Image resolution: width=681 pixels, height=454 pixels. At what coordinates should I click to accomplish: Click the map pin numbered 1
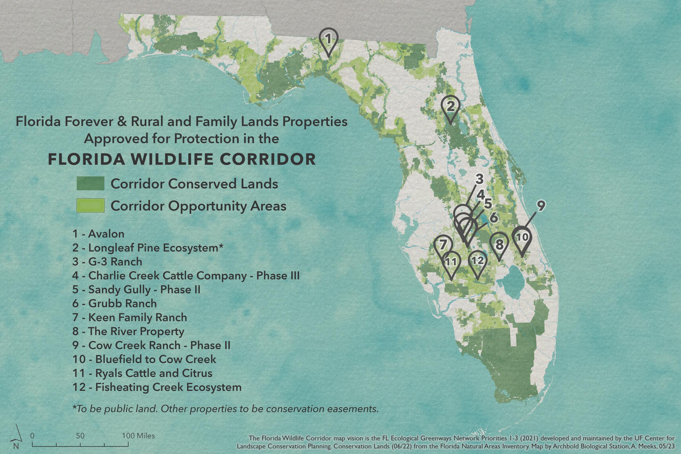coord(328,42)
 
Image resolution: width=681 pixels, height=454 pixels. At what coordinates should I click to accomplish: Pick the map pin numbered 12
coord(478,265)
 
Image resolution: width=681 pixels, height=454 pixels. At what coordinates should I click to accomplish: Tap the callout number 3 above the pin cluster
coord(479,179)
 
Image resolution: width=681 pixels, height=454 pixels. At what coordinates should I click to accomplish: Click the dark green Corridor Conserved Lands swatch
coord(90,183)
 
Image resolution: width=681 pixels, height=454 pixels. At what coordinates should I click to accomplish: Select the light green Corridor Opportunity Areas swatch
coord(90,206)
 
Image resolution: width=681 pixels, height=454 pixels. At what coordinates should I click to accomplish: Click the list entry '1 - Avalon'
coord(98,234)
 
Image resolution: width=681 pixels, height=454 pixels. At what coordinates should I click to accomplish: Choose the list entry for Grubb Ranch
coord(115,303)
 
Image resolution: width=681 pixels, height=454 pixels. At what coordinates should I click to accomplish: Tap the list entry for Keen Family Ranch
coord(130,317)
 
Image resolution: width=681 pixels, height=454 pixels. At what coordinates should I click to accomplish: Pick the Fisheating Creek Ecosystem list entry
coord(157,387)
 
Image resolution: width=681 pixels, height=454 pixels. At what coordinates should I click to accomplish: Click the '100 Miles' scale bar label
coord(138,435)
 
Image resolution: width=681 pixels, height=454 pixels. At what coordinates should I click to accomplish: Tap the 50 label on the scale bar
coord(80,436)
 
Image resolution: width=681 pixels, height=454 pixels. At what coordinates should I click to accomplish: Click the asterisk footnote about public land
coord(225,409)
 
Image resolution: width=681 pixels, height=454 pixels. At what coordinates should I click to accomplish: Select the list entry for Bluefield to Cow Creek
coord(144,359)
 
